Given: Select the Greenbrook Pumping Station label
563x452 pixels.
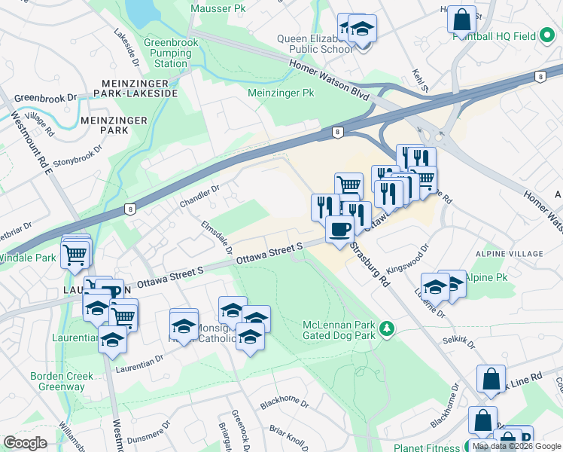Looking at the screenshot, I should [171, 53].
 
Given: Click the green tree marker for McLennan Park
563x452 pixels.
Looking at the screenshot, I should [387, 328].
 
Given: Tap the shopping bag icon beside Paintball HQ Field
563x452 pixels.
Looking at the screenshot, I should [461, 19].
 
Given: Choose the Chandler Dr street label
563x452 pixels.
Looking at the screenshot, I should [199, 197].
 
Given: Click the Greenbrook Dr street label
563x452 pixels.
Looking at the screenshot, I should [46, 98].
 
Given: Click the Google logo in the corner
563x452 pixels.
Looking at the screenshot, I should [26, 443].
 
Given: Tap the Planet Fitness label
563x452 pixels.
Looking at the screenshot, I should [427, 447].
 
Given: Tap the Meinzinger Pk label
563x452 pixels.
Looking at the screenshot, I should [281, 93].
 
